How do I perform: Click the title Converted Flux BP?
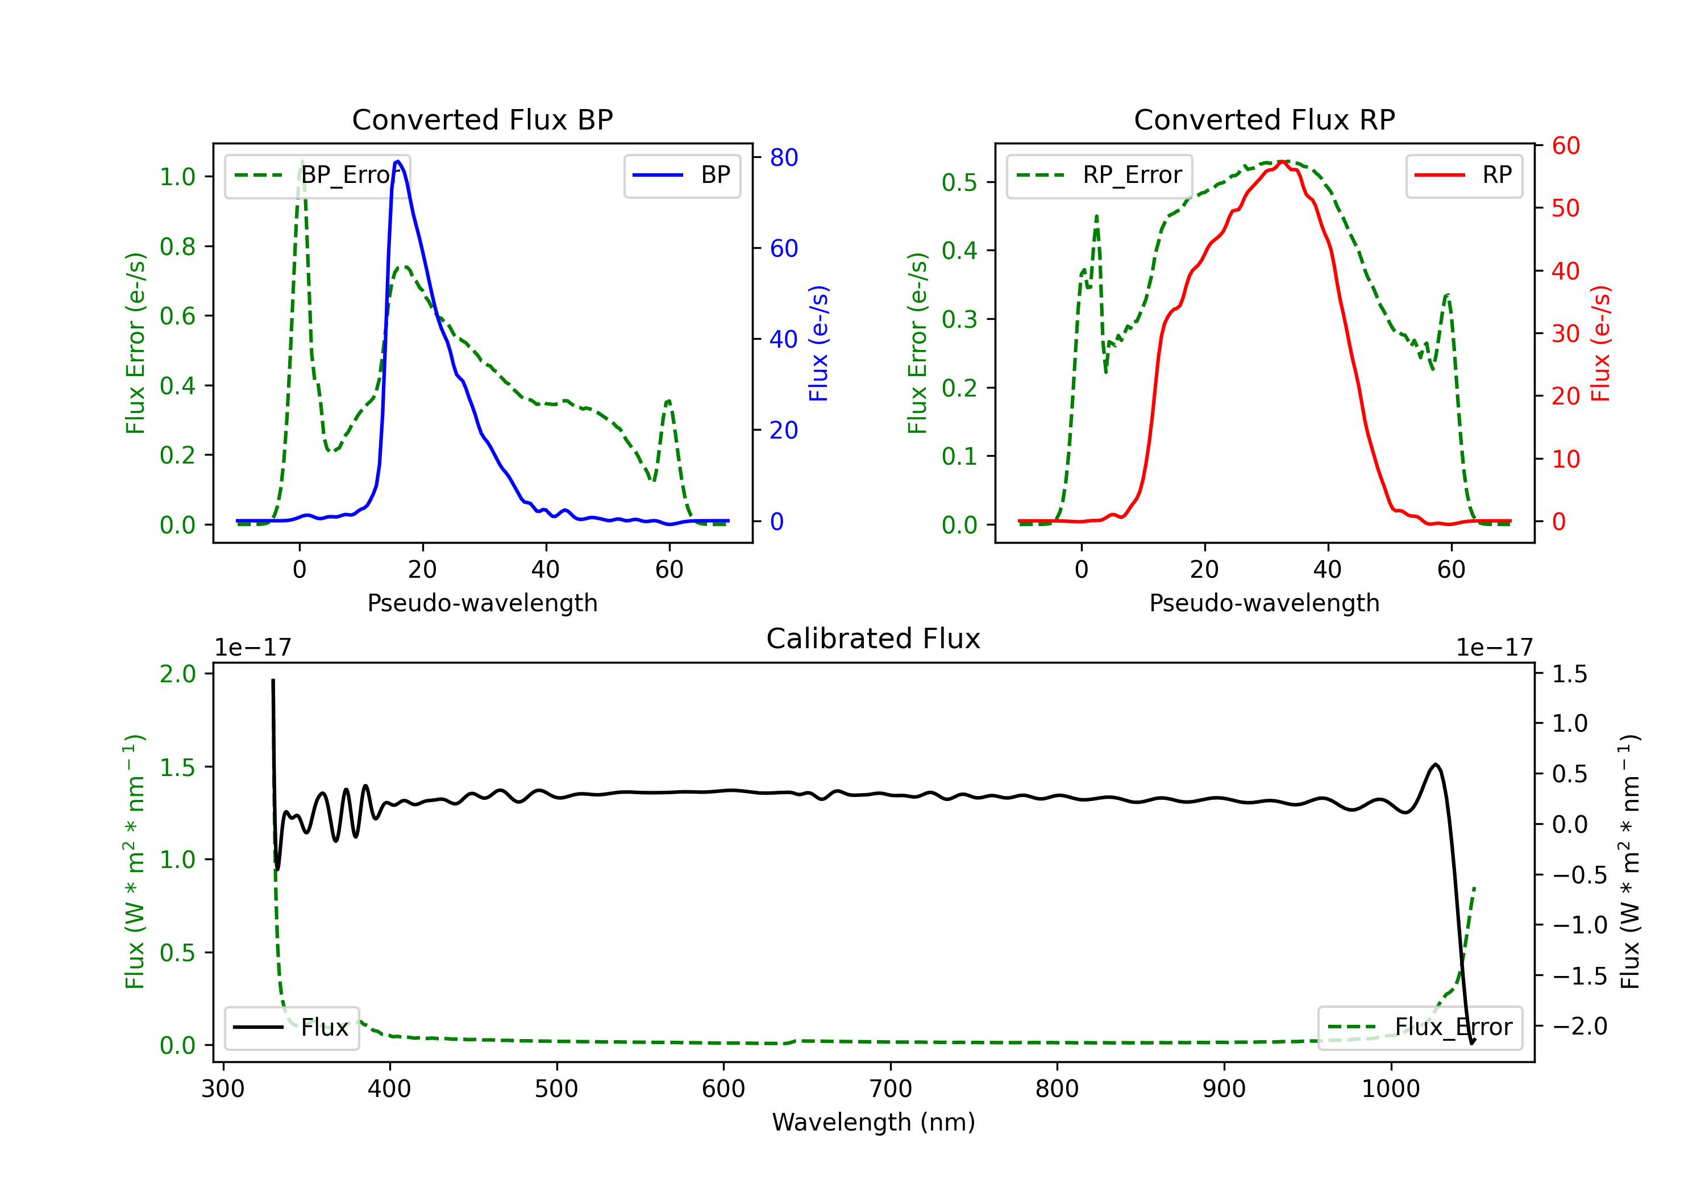[482, 119]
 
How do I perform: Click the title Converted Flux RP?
[1264, 119]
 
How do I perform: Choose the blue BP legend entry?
[681, 175]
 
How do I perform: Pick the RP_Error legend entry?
[1099, 175]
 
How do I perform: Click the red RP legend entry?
[1463, 175]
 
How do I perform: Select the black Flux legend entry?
[291, 1028]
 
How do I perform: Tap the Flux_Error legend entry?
[1419, 1028]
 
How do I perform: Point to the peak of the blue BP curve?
[398, 161]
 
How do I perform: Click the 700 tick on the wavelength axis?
[891, 1089]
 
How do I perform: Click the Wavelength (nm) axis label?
[874, 1122]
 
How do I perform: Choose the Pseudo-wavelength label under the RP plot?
[1264, 603]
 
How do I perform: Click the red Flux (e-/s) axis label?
[1600, 343]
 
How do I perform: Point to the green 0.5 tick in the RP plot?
[959, 182]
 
